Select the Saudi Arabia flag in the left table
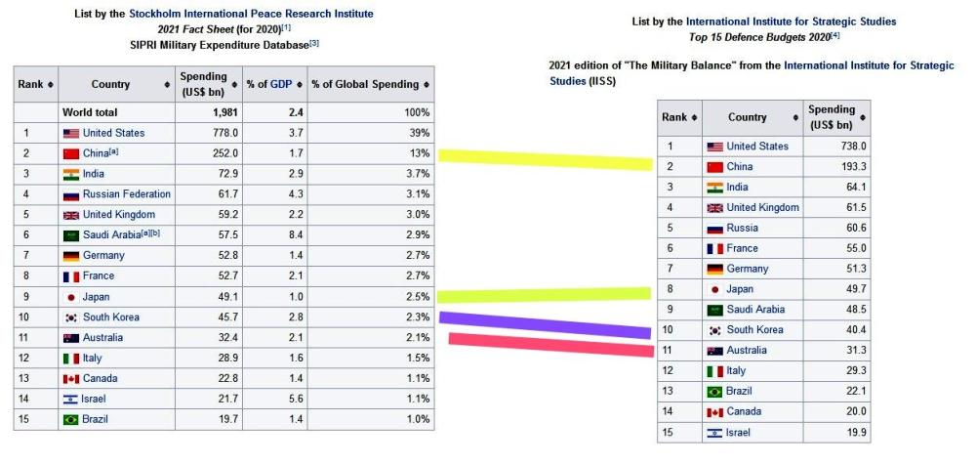pos(70,235)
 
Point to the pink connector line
pos(551,344)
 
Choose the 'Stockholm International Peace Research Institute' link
pos(251,14)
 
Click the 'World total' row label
pos(90,112)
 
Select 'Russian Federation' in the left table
pos(126,194)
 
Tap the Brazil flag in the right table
pos(714,392)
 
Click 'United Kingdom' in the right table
pos(762,207)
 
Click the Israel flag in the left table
pos(70,400)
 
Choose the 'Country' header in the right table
pos(748,117)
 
